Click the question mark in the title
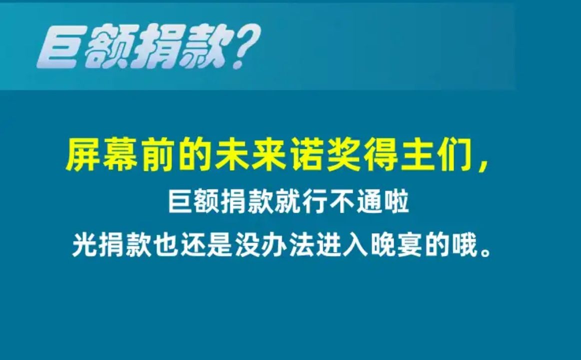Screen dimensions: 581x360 coord(245,46)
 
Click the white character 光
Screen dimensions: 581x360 coord(85,245)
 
